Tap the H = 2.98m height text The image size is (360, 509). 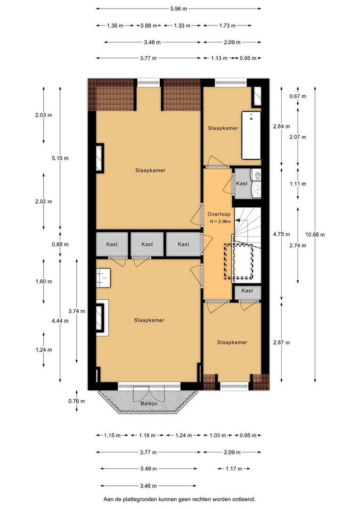[x=219, y=222]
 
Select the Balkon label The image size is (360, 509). [x=148, y=404]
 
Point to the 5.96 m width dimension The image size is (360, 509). [x=179, y=8]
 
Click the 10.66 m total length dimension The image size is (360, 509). [x=315, y=235]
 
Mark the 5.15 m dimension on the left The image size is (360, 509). [x=60, y=158]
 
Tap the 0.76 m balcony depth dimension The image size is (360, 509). [x=76, y=402]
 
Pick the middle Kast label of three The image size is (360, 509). [x=147, y=244]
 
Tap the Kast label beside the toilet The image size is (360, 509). [x=242, y=183]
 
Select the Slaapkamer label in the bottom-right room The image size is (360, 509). [x=232, y=342]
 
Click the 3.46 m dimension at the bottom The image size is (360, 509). [x=148, y=485]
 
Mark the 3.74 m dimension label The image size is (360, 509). [x=76, y=311]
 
